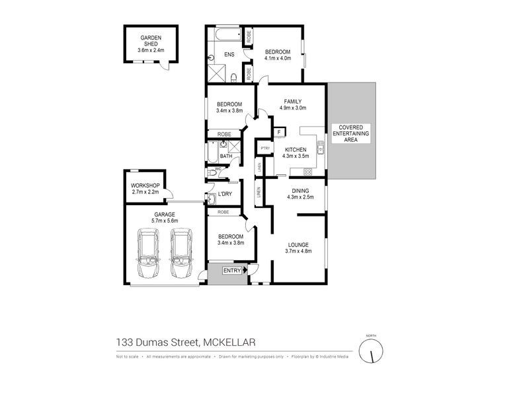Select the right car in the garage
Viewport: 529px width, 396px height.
point(181,253)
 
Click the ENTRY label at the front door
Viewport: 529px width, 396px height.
point(232,271)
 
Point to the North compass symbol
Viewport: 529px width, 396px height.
point(371,350)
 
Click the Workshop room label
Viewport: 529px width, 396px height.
point(145,185)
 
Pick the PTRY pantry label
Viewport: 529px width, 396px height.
point(264,148)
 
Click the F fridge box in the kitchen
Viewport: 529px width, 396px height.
point(280,132)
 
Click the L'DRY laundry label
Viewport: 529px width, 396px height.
point(224,193)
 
